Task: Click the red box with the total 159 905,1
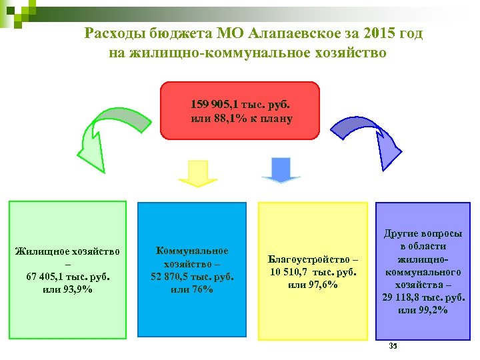241,110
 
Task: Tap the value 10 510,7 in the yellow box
291,272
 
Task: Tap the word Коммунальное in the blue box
191,251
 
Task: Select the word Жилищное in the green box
40,251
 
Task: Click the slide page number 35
393,345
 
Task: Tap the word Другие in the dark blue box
400,234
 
